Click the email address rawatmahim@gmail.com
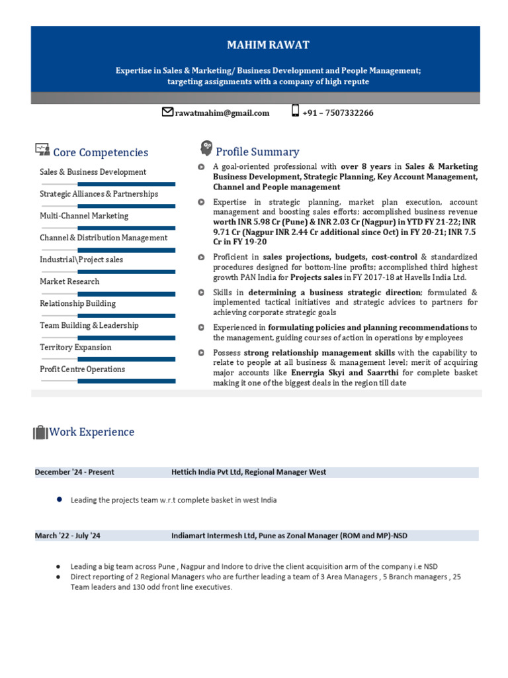coord(222,113)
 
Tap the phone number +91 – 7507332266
coord(337,113)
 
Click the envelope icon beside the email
coord(168,112)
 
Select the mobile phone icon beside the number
coord(295,111)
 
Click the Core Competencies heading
coord(101,153)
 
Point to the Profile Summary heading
coord(257,152)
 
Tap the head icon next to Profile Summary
coord(206,149)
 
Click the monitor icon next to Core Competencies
coord(42,150)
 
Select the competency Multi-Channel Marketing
coord(84,216)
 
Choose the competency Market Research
coord(69,281)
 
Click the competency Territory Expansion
coord(75,347)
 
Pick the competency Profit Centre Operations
coord(82,369)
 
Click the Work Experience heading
coord(92,432)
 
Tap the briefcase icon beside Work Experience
coord(40,432)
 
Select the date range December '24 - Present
coord(75,472)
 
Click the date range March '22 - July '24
coord(68,536)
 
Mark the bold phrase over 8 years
coord(366,167)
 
